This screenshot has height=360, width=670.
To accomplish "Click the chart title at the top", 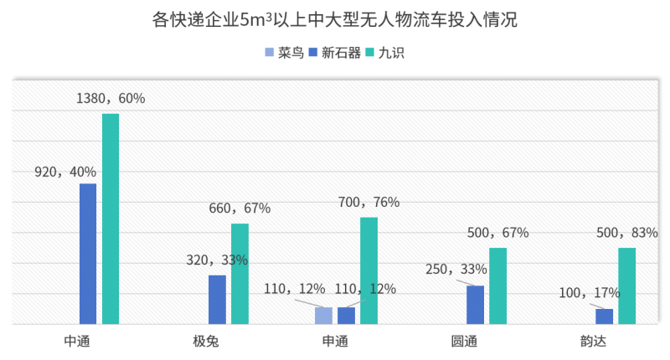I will tap(335, 19).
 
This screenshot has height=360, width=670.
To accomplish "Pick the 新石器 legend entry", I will tap(335, 53).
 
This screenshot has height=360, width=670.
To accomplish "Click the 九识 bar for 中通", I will tap(111, 218).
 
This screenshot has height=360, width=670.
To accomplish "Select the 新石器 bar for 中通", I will tap(88, 253).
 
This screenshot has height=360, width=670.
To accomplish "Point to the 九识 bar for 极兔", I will tap(240, 273).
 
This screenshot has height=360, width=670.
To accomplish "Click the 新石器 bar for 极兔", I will tap(217, 299).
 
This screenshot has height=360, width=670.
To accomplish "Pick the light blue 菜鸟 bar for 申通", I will tap(323, 315).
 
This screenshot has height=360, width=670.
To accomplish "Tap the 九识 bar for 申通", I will tap(368, 270).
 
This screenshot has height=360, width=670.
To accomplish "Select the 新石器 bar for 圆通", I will tap(475, 304).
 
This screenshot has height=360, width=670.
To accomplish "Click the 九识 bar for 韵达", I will tap(626, 285).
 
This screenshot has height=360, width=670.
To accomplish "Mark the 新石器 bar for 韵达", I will tap(604, 316).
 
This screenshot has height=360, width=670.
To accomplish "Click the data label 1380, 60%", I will tap(110, 99).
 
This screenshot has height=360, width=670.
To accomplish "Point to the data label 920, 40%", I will tap(65, 172).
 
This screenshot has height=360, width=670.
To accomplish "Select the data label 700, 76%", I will tap(368, 203).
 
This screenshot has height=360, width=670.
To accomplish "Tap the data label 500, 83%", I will tap(626, 233).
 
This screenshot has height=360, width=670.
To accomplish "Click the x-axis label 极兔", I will tap(206, 342).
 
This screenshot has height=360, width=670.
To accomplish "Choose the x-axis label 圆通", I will tap(464, 342).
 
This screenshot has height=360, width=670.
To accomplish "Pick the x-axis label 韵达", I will tap(593, 342).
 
